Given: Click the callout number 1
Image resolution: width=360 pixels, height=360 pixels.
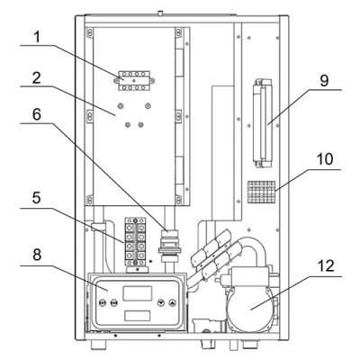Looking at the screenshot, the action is pyautogui.click(x=37, y=38).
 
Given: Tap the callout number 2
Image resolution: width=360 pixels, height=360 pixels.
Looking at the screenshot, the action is pyautogui.click(x=37, y=78).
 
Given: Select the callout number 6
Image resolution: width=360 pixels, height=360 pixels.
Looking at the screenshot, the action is pyautogui.click(x=37, y=114).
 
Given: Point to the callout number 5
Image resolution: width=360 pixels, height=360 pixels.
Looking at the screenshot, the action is pyautogui.click(x=37, y=198).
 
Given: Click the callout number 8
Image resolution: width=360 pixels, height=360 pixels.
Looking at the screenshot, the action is pyautogui.click(x=37, y=255).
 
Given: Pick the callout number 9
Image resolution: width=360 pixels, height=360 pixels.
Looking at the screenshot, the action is pyautogui.click(x=324, y=80).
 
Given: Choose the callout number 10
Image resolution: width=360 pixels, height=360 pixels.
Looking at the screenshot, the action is pyautogui.click(x=325, y=159).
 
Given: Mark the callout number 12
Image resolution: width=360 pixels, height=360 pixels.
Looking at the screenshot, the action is pyautogui.click(x=326, y=265).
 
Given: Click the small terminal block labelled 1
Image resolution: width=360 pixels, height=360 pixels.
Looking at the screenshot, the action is pyautogui.click(x=134, y=80).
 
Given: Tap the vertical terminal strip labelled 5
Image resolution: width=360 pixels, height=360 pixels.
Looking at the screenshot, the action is pyautogui.click(x=135, y=242).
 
